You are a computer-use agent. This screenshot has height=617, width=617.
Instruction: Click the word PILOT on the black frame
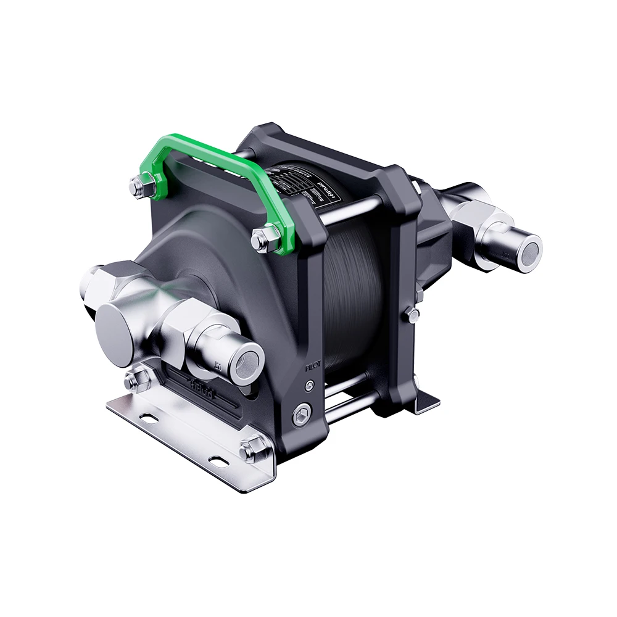(314, 367)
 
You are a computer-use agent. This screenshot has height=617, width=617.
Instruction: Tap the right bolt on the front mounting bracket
(252, 451)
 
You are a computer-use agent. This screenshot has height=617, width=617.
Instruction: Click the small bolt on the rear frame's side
(412, 315)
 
